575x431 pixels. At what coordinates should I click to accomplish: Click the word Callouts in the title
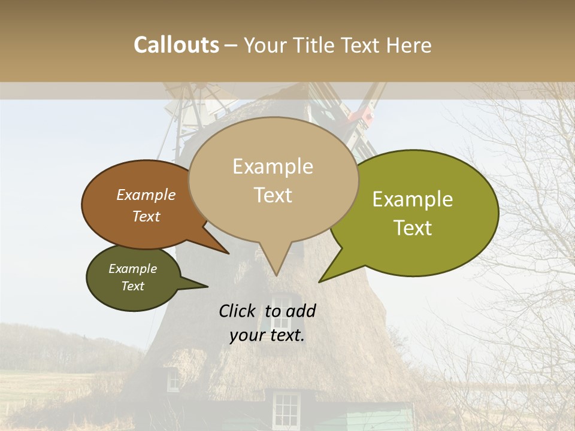[x=176, y=45]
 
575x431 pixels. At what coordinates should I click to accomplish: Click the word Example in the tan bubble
[x=273, y=166]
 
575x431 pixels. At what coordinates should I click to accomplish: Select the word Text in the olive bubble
[x=413, y=228]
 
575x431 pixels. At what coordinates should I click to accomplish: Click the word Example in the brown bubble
[x=146, y=195]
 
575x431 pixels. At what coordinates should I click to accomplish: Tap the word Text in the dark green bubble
[x=133, y=286]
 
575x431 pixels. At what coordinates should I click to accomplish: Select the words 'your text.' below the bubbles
[x=267, y=336]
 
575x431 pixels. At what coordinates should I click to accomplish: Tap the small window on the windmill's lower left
[x=173, y=380]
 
